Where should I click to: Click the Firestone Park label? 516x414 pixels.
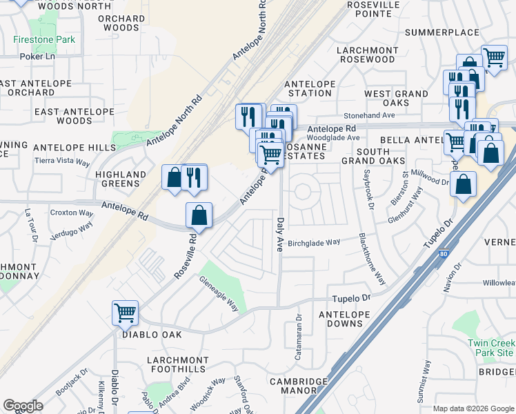click(44, 39)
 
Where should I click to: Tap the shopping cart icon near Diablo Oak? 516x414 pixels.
click(125, 313)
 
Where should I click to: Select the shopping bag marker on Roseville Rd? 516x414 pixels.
click(199, 216)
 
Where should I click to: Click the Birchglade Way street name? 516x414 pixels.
click(314, 242)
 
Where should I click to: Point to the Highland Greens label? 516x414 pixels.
click(121, 179)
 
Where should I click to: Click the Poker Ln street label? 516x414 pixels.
click(37, 57)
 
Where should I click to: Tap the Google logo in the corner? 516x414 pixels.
click(23, 406)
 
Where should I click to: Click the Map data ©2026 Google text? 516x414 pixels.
click(473, 408)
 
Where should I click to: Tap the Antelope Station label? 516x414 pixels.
click(310, 88)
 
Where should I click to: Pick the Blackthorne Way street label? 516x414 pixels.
click(371, 259)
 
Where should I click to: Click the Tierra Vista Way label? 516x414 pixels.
click(62, 161)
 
